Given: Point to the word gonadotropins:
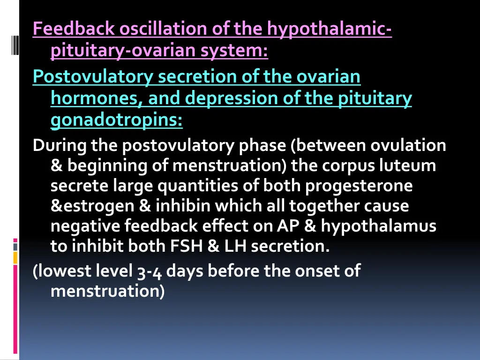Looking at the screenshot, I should click(117, 120).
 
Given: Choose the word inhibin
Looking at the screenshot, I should click(183, 206).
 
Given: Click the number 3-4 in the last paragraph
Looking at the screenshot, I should click(149, 271).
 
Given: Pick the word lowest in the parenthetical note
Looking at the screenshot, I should click(61, 270).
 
